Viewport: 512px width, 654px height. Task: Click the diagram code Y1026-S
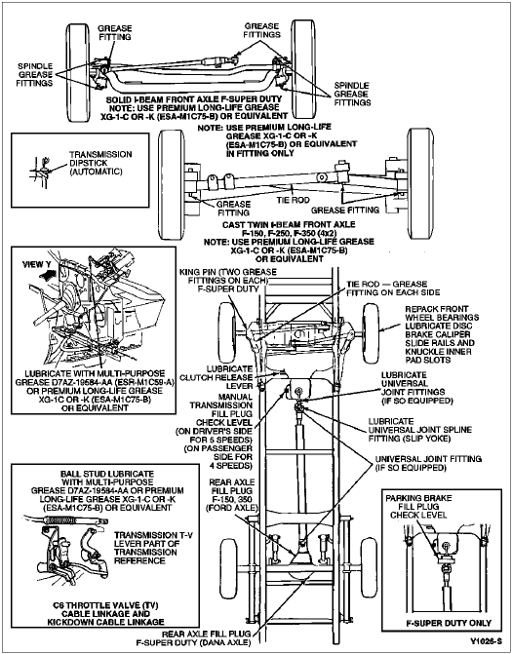485,640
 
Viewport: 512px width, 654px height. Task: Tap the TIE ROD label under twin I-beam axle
293,200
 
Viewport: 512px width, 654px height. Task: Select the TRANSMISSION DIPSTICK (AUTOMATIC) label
100,163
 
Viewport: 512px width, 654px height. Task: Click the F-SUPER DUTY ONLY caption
449,623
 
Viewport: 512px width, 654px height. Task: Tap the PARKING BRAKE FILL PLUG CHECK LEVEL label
418,507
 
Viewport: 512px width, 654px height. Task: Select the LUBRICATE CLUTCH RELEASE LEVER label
217,377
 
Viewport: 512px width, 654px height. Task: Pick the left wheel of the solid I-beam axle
78,71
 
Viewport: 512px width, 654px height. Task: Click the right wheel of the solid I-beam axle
303,68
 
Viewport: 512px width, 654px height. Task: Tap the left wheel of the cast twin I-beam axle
172,184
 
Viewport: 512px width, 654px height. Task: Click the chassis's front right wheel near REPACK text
371,332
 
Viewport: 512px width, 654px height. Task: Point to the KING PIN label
228,280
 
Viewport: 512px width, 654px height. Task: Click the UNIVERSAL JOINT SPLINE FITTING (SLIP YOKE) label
419,430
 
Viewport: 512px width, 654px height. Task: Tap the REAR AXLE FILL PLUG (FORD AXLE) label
232,495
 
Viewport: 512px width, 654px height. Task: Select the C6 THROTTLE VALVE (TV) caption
105,613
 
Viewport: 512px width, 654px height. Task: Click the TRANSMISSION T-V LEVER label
146,548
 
